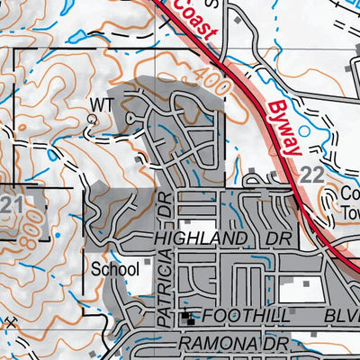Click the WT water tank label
102,105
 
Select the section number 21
12,205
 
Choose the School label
115,268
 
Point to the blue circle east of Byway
303,131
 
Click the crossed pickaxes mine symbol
10,321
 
